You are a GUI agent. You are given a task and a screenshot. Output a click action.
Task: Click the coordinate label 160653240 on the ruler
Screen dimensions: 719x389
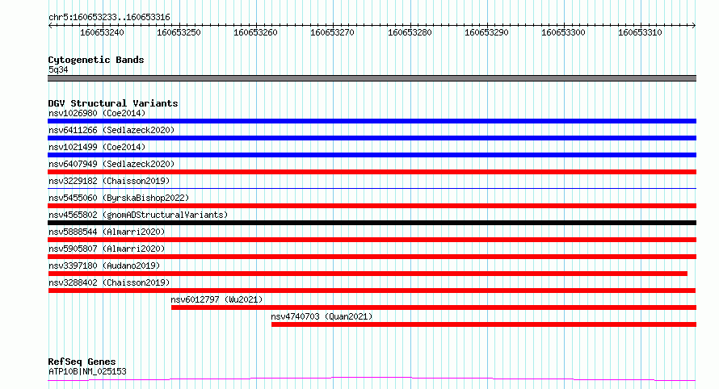click(102, 32)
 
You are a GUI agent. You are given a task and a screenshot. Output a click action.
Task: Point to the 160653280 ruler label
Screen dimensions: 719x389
click(410, 32)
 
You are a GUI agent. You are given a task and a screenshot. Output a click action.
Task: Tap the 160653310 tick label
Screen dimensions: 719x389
click(640, 32)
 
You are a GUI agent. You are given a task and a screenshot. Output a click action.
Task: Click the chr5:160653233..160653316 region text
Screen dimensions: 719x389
click(109, 18)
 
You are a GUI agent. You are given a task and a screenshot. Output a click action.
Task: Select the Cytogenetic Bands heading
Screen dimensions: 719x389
click(96, 60)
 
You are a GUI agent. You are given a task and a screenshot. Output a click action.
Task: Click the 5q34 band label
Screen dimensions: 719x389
click(58, 69)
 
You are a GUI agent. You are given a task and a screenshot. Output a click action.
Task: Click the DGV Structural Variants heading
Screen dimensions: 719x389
click(113, 103)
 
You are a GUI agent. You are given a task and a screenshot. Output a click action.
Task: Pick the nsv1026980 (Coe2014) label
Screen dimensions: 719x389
click(97, 113)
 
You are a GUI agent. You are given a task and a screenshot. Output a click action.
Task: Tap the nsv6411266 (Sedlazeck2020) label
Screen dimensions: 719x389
click(111, 130)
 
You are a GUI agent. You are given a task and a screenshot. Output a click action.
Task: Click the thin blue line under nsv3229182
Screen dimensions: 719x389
click(372, 188)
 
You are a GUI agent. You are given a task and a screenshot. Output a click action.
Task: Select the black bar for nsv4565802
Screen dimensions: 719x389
click(372, 223)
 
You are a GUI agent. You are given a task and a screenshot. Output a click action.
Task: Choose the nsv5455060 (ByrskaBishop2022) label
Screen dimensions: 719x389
click(119, 198)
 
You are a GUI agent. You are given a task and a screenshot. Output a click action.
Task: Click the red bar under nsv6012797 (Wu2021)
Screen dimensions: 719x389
click(434, 307)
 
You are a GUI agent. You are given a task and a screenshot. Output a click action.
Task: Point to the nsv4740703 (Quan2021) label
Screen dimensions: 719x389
click(322, 316)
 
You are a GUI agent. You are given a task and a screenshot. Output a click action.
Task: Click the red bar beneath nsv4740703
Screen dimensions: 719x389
click(484, 324)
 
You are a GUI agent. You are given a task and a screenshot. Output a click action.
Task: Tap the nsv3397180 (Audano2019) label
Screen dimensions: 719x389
click(104, 266)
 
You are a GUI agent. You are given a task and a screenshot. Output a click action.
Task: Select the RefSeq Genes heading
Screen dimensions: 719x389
click(82, 362)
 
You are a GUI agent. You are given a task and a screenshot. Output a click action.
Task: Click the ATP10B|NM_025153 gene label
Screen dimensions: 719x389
click(87, 371)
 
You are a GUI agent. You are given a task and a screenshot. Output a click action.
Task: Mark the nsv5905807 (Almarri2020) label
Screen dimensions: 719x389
click(107, 249)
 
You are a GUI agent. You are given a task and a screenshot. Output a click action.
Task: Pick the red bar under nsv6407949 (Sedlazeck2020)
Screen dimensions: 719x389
click(372, 172)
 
